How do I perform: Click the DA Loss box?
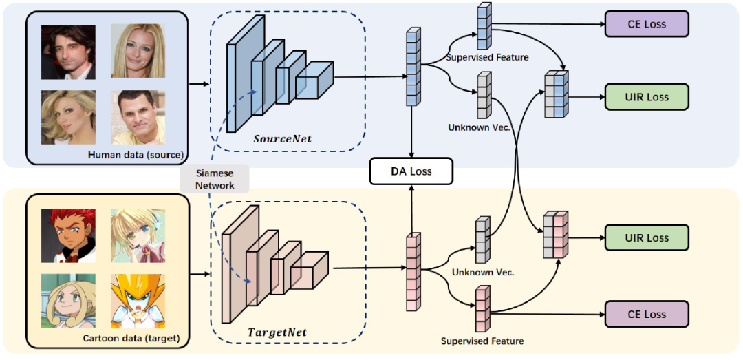point(411,171)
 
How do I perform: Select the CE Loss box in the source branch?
point(646,24)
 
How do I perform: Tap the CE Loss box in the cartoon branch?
point(646,314)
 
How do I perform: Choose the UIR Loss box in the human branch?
point(646,97)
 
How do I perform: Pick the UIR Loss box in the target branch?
point(646,238)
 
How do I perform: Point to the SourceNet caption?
point(282,139)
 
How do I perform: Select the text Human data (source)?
point(136,155)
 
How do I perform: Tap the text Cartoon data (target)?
point(130,337)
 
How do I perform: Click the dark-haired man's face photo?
point(68,52)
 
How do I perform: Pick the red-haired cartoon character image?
point(68,235)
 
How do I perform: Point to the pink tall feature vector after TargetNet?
point(413,272)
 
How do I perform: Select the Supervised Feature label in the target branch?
point(482,341)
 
